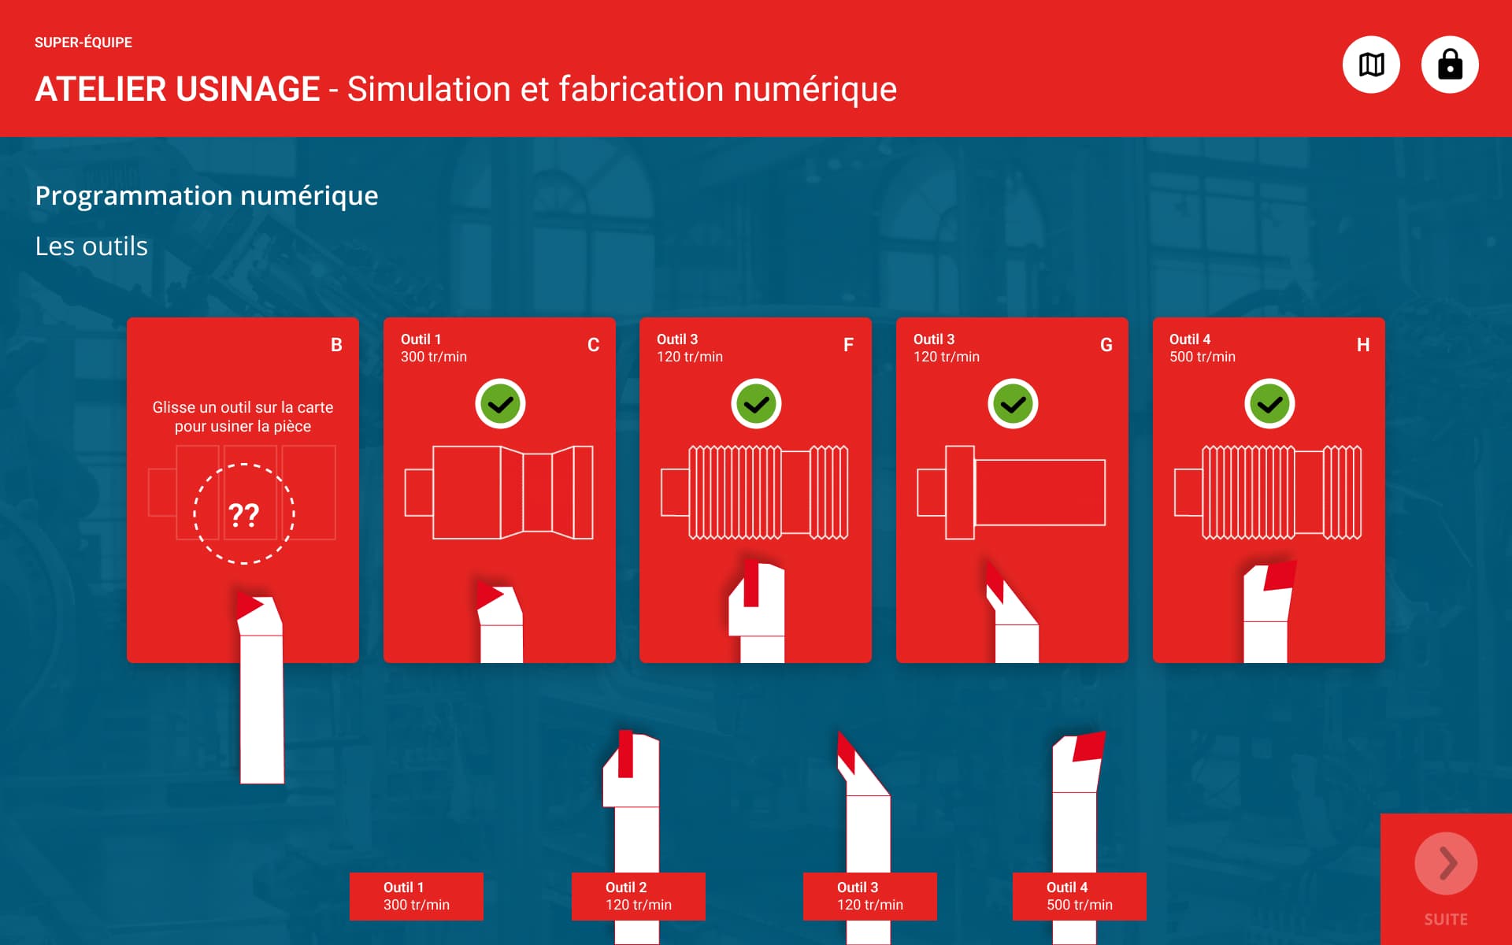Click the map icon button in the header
[x=1371, y=65]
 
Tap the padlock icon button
[x=1450, y=65]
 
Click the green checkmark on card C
[x=500, y=404]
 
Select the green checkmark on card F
[x=756, y=404]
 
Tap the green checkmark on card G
[x=1013, y=404]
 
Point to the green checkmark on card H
[x=1269, y=404]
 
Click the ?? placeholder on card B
[x=244, y=514]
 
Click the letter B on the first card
[x=336, y=345]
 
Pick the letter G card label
[x=1106, y=345]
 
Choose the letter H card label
[x=1363, y=345]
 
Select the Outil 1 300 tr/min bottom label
[x=417, y=896]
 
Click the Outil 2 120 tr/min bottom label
[x=639, y=896]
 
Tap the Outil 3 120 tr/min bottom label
[x=870, y=896]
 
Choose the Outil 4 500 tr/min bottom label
[x=1080, y=896]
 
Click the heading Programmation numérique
[x=207, y=196]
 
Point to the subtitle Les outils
[x=91, y=246]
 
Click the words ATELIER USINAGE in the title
[x=178, y=89]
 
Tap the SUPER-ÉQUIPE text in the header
[x=83, y=43]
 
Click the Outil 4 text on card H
[x=1190, y=339]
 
